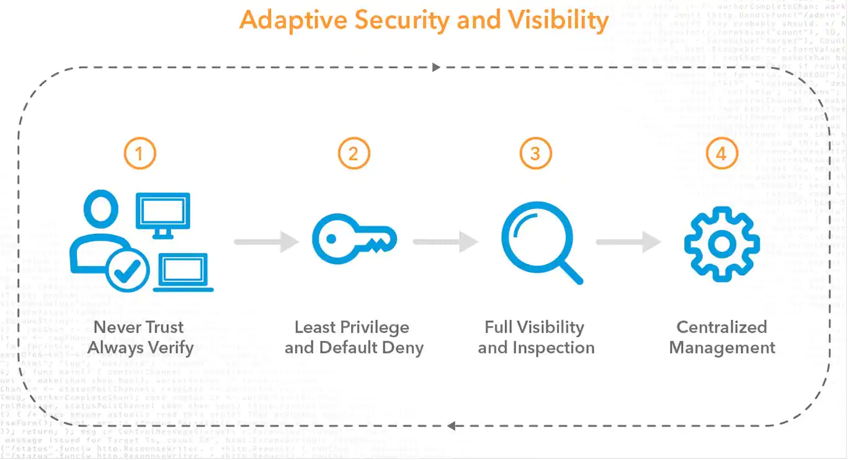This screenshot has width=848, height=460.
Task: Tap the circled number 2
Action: point(354,153)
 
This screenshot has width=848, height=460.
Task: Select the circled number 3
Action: point(535,153)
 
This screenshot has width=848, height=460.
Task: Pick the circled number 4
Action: point(721,153)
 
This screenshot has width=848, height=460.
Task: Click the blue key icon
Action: point(354,239)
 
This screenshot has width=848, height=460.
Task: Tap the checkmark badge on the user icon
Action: point(128,271)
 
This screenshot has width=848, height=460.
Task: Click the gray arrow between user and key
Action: point(266,241)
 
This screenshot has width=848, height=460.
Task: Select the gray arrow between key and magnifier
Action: point(445,241)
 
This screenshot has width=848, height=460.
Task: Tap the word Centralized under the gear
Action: point(721,327)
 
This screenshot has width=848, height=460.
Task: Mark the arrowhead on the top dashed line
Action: point(436,67)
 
